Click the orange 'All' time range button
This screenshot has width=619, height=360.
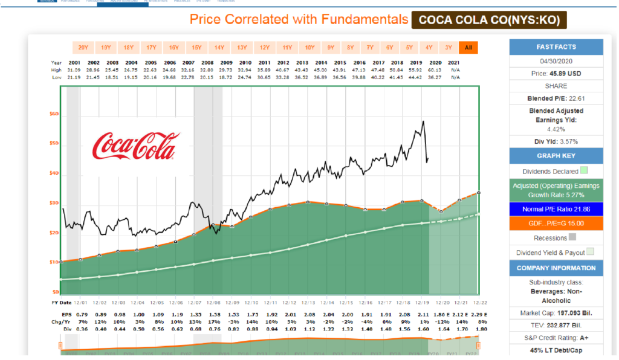pyautogui.click(x=468, y=47)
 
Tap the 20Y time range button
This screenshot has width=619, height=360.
pyautogui.click(x=84, y=47)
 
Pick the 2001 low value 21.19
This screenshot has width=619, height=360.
pyautogui.click(x=74, y=77)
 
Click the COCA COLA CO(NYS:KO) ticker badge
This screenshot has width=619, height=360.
pyautogui.click(x=490, y=20)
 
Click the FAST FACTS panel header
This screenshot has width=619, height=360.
pyautogui.click(x=556, y=47)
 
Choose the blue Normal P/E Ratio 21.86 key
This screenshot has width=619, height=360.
pyautogui.click(x=556, y=208)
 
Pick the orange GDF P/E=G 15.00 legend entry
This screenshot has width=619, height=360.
pyautogui.click(x=556, y=223)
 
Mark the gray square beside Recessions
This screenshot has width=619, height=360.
pyautogui.click(x=572, y=238)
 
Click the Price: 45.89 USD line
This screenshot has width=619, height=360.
pyautogui.click(x=556, y=73)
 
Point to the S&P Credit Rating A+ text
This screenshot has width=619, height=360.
pyautogui.click(x=556, y=337)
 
